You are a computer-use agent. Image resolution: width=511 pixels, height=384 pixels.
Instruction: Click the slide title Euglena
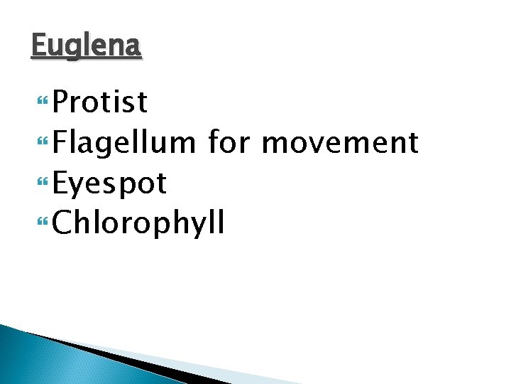coord(87,47)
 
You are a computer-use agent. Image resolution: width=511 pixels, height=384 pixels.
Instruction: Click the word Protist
coord(100,102)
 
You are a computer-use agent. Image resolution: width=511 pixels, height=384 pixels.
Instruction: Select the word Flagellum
coord(124,143)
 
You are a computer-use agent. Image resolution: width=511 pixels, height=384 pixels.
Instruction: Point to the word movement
coord(340,143)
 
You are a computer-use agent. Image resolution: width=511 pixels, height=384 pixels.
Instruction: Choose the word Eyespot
coord(110,184)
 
